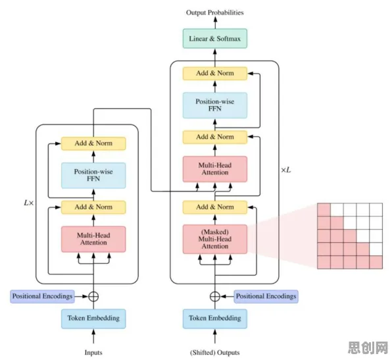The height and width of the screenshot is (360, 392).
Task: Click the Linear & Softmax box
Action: click(215, 39)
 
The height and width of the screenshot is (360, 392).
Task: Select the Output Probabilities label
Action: click(215, 13)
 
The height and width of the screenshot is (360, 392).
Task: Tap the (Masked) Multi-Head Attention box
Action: click(215, 239)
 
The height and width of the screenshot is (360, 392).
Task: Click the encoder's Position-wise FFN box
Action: click(93, 175)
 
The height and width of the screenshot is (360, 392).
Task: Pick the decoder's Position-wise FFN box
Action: click(215, 105)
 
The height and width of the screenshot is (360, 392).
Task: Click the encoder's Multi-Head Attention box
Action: click(93, 239)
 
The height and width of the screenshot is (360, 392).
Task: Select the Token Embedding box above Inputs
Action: click(93, 319)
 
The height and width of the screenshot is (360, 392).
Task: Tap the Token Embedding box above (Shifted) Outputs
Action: click(215, 319)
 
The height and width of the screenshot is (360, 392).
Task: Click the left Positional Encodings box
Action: click(42, 296)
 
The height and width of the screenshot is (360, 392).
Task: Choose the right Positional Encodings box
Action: click(266, 296)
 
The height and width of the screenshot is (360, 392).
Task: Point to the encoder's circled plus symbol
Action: click(93, 296)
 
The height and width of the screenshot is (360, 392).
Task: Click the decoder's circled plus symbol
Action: click(215, 296)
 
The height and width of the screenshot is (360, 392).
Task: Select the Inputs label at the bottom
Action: click(93, 353)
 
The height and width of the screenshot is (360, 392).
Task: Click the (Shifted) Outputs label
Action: click(215, 353)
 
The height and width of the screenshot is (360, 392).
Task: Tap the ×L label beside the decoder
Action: click(286, 170)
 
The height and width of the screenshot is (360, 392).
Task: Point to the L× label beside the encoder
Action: click(28, 203)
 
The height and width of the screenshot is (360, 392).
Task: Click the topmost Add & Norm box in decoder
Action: click(215, 73)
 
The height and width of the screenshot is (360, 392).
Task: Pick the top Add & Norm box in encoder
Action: click(93, 143)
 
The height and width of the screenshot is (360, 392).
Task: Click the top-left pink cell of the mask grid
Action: click(324, 210)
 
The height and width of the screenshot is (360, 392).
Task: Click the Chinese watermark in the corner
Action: click(368, 347)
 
